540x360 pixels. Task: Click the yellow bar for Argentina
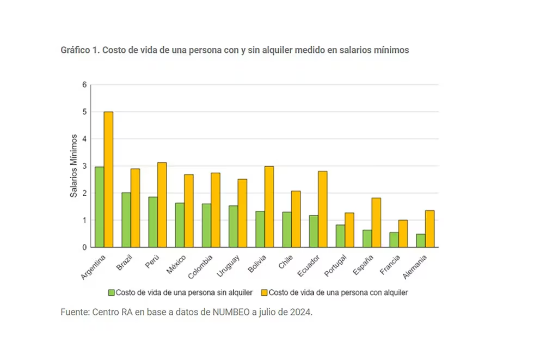[108, 179]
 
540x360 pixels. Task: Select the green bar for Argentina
[99, 207]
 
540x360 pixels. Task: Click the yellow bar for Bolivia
[269, 206]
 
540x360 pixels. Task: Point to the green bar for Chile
[286, 229]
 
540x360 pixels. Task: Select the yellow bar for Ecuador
[322, 209]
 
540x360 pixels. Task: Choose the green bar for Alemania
[421, 240]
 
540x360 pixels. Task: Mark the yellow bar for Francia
[403, 233]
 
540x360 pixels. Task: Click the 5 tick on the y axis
[84, 112]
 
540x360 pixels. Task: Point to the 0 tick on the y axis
[84, 247]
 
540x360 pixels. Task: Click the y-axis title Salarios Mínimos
[74, 166]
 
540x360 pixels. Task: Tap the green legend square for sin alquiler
[112, 292]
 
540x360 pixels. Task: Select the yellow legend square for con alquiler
[264, 292]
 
